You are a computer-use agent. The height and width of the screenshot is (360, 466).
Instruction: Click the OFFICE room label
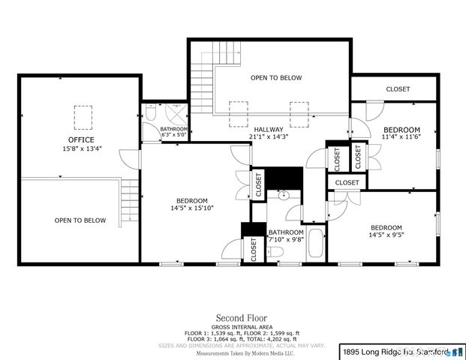tap(81, 139)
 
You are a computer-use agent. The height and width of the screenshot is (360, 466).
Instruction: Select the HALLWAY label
tap(268, 129)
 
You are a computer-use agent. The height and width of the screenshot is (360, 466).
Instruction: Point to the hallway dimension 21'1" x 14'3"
tap(268, 136)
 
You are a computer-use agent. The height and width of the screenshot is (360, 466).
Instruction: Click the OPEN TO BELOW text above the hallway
tap(275, 78)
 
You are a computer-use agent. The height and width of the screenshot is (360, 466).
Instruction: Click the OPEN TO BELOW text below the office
tap(80, 220)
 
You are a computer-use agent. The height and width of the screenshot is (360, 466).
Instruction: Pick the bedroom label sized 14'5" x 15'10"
tap(187, 204)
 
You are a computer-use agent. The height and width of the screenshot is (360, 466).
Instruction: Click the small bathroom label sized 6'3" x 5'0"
tap(174, 133)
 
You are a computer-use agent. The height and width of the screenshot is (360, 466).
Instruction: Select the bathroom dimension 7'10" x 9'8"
tap(286, 240)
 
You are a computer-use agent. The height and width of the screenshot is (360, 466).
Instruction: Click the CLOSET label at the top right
tap(398, 89)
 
